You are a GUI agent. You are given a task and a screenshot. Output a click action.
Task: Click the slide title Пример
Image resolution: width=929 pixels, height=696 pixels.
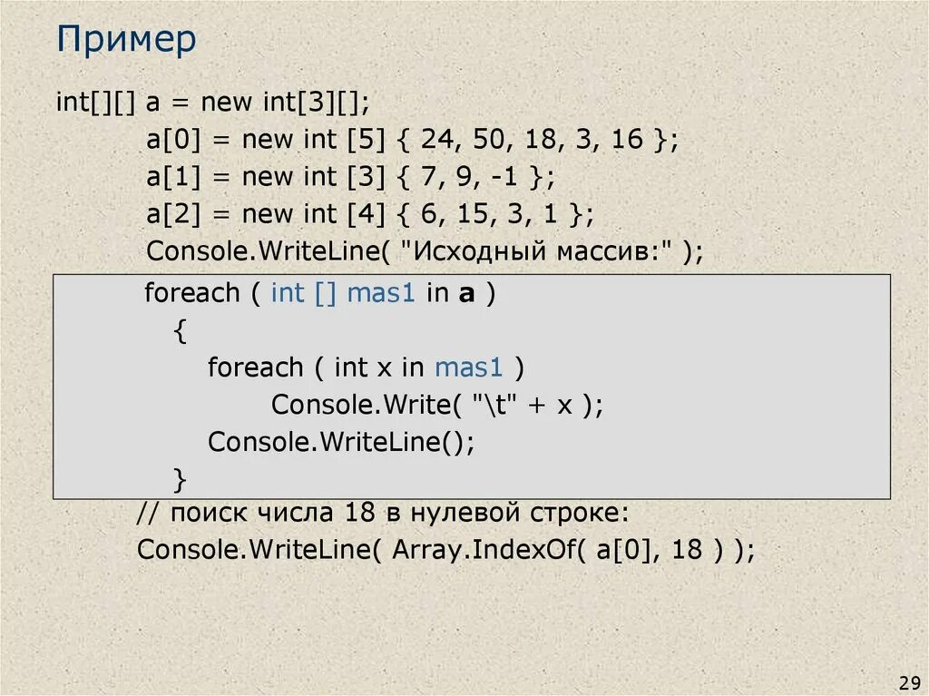coord(126,41)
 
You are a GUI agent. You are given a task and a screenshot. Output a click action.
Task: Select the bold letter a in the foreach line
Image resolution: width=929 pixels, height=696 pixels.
coord(465,295)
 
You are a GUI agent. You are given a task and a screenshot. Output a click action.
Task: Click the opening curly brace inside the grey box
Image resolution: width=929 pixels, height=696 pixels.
coord(180,331)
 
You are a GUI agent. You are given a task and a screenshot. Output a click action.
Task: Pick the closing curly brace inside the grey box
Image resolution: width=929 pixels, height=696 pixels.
coord(180,477)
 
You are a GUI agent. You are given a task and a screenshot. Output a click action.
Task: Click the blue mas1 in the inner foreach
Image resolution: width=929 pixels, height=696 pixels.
coord(468,368)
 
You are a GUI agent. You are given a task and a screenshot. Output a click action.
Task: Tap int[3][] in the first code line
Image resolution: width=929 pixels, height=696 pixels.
coord(310,102)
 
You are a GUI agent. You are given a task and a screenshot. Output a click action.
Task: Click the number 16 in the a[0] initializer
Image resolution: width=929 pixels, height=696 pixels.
coord(626,140)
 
